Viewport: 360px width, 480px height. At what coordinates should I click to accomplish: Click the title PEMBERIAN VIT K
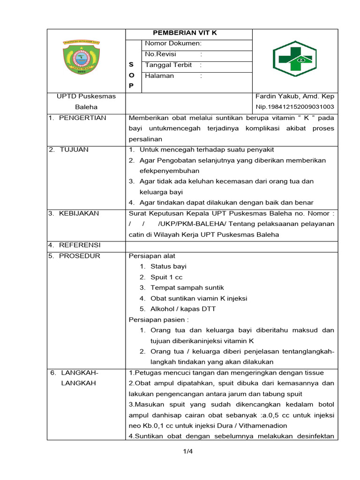pos(186,33)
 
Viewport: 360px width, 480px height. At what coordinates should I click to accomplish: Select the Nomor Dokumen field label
pos(173,44)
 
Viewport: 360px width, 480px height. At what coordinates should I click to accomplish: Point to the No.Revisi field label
pos(160,54)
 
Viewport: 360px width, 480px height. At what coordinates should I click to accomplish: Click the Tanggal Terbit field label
pos(168,65)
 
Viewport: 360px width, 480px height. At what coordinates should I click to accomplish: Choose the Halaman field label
pos(159,76)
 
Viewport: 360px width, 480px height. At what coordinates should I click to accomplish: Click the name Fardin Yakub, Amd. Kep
pos(295,96)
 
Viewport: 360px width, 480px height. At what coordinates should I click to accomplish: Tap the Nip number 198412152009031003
pos(295,107)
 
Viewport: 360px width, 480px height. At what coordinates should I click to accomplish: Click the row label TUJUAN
pos(74,150)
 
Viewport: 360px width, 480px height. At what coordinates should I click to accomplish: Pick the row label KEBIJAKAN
pos(79,213)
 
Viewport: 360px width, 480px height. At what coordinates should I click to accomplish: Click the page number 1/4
pos(188,452)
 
